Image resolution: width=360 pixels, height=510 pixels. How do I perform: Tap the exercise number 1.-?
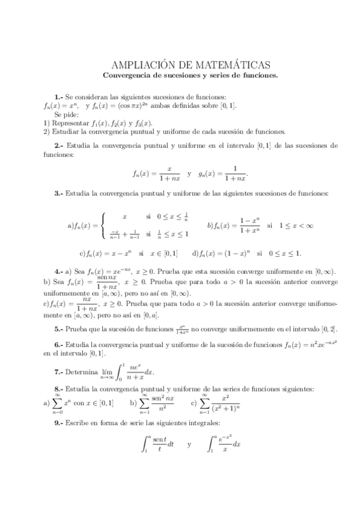58,97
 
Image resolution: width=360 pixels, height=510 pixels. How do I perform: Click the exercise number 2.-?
58,146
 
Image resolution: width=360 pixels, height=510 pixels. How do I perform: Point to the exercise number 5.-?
58,329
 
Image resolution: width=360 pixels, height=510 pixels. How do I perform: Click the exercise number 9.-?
58,423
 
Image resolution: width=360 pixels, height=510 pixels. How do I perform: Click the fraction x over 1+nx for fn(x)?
170,174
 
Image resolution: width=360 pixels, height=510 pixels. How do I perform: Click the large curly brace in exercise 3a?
104,225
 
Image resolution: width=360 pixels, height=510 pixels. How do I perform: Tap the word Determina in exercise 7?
83,373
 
